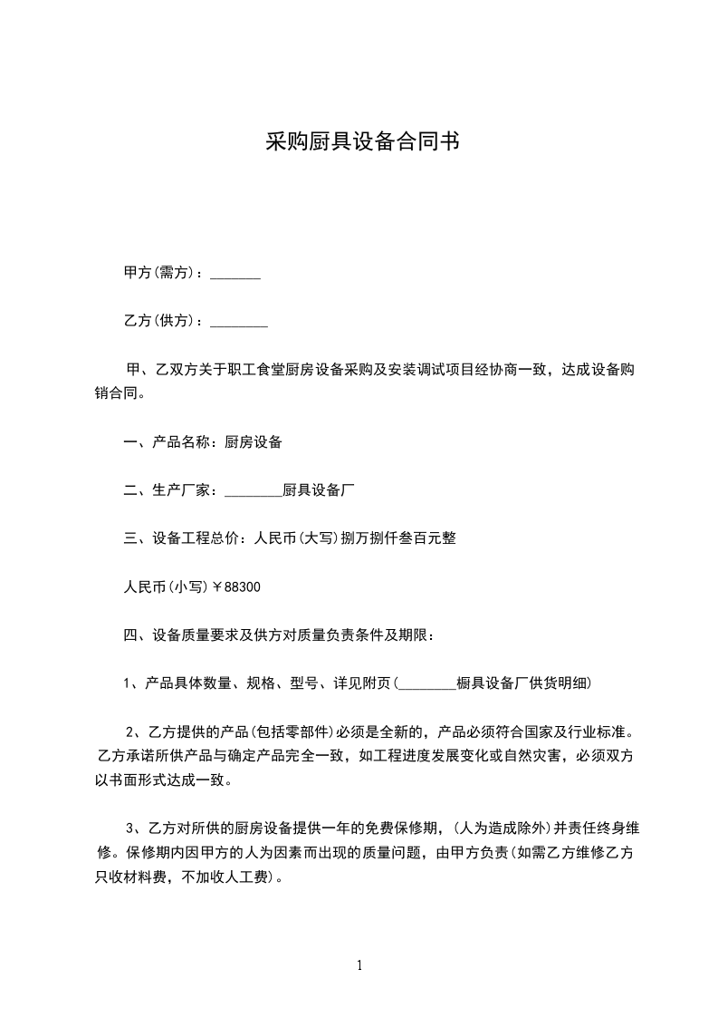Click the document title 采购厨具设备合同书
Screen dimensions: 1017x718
[x=359, y=142]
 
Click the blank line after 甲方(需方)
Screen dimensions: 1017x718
[x=235, y=274]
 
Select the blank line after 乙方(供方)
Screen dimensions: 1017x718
[x=238, y=321]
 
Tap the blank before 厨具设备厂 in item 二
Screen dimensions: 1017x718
[x=253, y=491]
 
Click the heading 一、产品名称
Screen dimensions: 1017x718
[x=168, y=443]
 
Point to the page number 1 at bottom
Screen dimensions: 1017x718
[x=359, y=965]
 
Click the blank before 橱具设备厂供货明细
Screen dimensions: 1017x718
[x=426, y=683]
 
